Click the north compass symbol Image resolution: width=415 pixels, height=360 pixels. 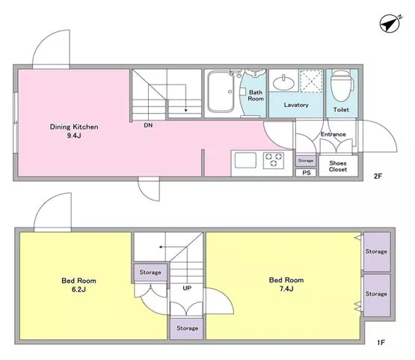coord(390,23)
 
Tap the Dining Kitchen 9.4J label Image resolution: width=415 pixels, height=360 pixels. coord(74,131)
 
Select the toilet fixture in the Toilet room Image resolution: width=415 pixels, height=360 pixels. coord(342,85)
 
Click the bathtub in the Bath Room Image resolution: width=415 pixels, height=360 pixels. coord(221,91)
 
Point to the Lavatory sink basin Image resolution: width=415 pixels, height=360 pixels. coord(283,83)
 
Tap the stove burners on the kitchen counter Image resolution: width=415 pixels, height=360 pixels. coord(274,160)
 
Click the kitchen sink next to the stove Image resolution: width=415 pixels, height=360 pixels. coord(245,160)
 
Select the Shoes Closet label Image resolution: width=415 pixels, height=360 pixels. coord(338,166)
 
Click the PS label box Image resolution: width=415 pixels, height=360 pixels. coord(306,173)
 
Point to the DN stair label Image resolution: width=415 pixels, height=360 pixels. coord(148,125)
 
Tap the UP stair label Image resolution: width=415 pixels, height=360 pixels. coord(187,288)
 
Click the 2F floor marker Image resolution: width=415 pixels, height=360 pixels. coord(378,176)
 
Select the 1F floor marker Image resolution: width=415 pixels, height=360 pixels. coord(381,343)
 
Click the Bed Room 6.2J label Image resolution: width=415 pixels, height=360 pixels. coord(79,284)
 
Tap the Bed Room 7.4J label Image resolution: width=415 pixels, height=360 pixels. coord(286,284)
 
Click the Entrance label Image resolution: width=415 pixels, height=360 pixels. coord(333,134)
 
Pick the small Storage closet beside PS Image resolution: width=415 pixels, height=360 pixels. coord(306,160)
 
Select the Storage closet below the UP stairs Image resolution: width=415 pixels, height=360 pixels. coord(187,329)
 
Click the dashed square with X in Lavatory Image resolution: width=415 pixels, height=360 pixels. coord(311,81)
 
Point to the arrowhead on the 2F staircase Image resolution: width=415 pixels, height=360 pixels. coord(185,110)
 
